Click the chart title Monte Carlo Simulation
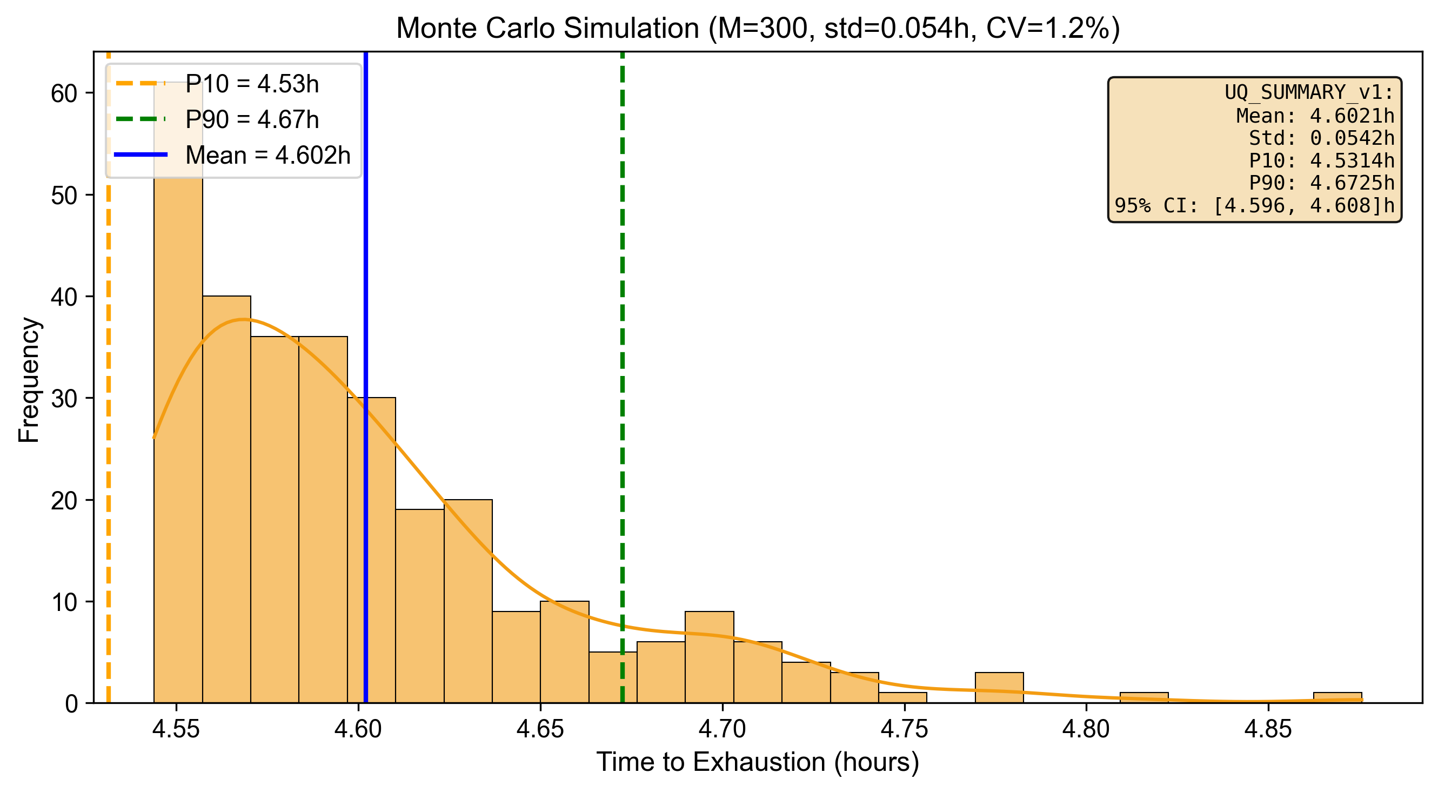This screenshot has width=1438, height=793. (x=758, y=28)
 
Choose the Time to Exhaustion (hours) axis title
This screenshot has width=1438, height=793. (x=758, y=762)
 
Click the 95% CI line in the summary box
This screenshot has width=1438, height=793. (x=1254, y=205)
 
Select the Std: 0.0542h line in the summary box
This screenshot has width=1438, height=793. (x=1321, y=138)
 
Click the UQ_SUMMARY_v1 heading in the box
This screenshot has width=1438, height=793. (x=1308, y=92)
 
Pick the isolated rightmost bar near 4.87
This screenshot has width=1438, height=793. (x=1337, y=697)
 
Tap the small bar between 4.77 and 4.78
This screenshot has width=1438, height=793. (x=999, y=688)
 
